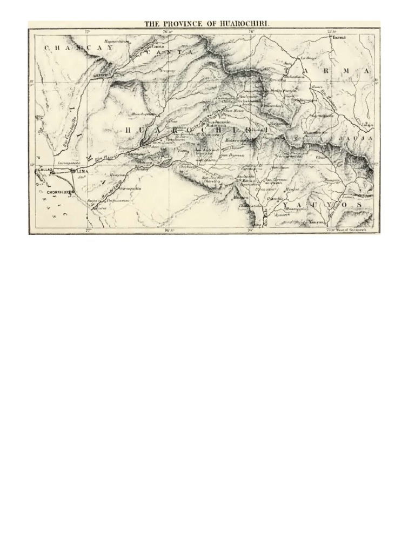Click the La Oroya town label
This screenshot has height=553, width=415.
307,58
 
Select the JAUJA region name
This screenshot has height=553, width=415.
355,138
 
